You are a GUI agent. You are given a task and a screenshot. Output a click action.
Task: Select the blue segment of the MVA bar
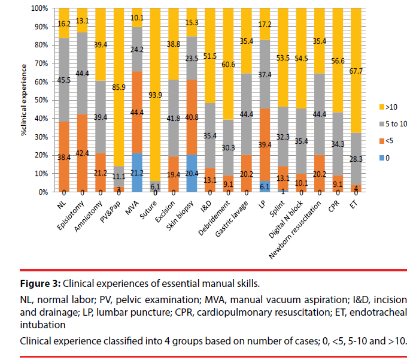point(137,173)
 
